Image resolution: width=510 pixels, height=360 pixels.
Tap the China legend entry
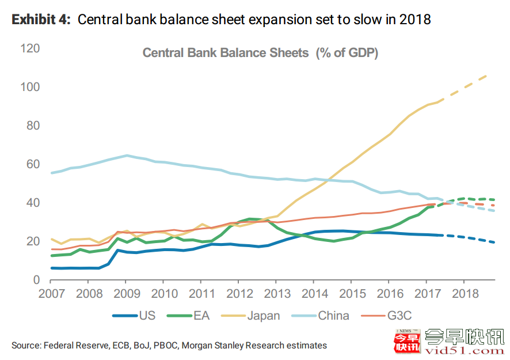coord(333,315)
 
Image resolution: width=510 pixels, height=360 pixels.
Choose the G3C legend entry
coord(397,315)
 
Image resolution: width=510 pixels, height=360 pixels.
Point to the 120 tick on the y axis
coord(30,48)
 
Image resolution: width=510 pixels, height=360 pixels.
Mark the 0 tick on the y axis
coord(36,280)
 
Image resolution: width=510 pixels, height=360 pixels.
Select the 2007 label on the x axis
coord(51,294)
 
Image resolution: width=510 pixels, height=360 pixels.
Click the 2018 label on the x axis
coord(466,294)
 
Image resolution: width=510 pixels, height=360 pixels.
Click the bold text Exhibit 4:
coord(41,20)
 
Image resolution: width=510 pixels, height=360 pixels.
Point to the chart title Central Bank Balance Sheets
coord(226,53)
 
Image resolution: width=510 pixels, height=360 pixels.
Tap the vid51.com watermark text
coord(464,348)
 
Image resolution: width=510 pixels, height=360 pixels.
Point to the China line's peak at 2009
coord(127,156)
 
